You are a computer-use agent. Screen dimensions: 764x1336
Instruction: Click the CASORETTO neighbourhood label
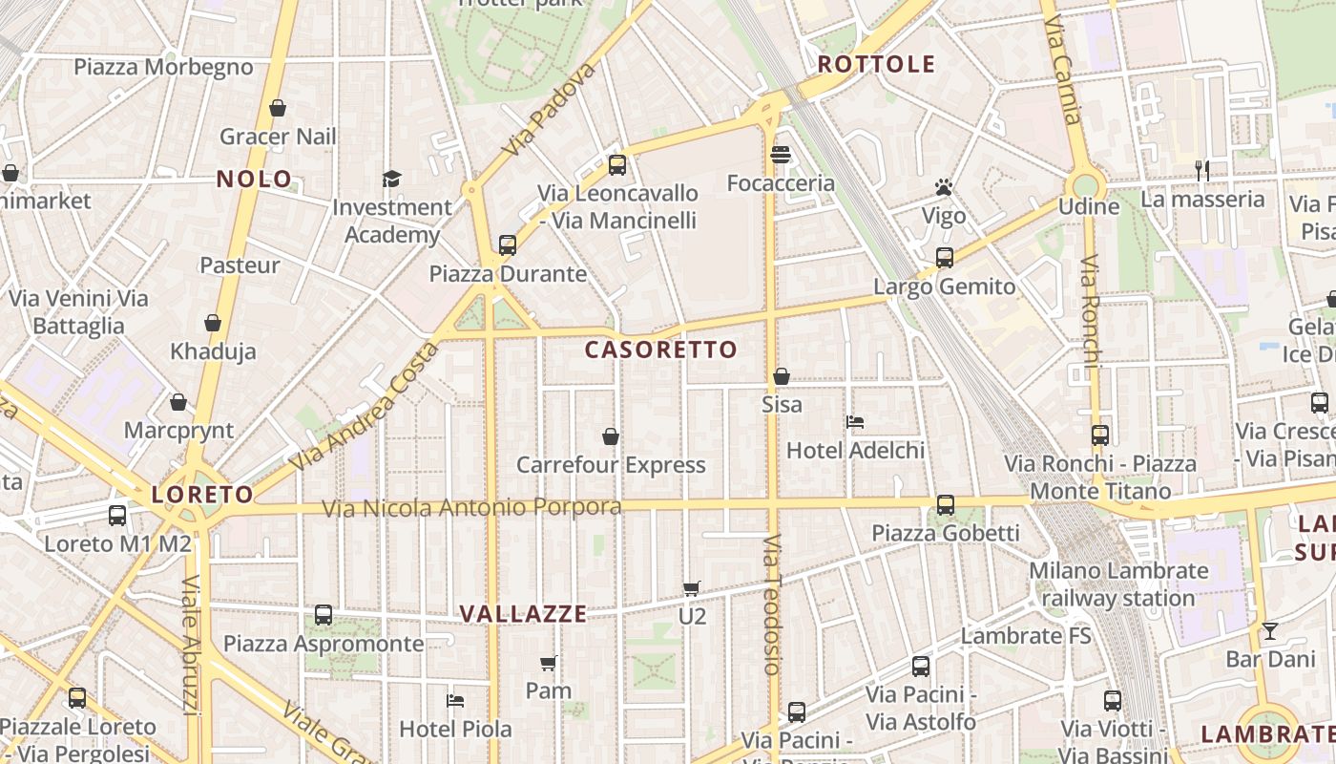(x=661, y=350)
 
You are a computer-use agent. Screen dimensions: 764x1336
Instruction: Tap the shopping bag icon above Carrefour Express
(x=611, y=436)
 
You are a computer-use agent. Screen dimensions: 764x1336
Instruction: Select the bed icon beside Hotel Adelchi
(x=855, y=421)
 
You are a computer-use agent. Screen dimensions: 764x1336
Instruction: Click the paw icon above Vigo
(x=944, y=187)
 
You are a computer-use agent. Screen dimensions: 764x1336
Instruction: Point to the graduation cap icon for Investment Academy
(x=391, y=179)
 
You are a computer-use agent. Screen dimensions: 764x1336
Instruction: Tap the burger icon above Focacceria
(x=781, y=155)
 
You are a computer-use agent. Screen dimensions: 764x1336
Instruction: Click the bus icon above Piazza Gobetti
(x=945, y=504)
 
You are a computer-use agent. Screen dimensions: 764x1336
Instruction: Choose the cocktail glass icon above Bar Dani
(x=1269, y=631)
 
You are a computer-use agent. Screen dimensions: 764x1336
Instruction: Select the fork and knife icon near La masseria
(x=1202, y=171)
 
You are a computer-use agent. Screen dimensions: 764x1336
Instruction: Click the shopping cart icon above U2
(x=692, y=588)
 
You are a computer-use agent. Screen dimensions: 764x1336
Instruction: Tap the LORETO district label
(x=202, y=495)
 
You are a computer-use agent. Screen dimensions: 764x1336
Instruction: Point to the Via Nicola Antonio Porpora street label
(x=471, y=507)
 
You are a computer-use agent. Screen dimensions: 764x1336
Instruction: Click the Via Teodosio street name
(x=772, y=604)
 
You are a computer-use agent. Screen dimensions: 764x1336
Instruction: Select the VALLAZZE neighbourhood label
(x=524, y=614)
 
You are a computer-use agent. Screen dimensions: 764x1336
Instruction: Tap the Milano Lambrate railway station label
(x=1118, y=584)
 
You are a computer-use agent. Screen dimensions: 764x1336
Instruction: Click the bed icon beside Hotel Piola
(x=455, y=700)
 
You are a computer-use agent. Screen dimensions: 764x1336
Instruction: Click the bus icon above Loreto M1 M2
(x=117, y=516)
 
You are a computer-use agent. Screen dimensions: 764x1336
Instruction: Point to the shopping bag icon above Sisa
(x=782, y=376)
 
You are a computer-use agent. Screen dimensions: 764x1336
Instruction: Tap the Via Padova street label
(x=548, y=110)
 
